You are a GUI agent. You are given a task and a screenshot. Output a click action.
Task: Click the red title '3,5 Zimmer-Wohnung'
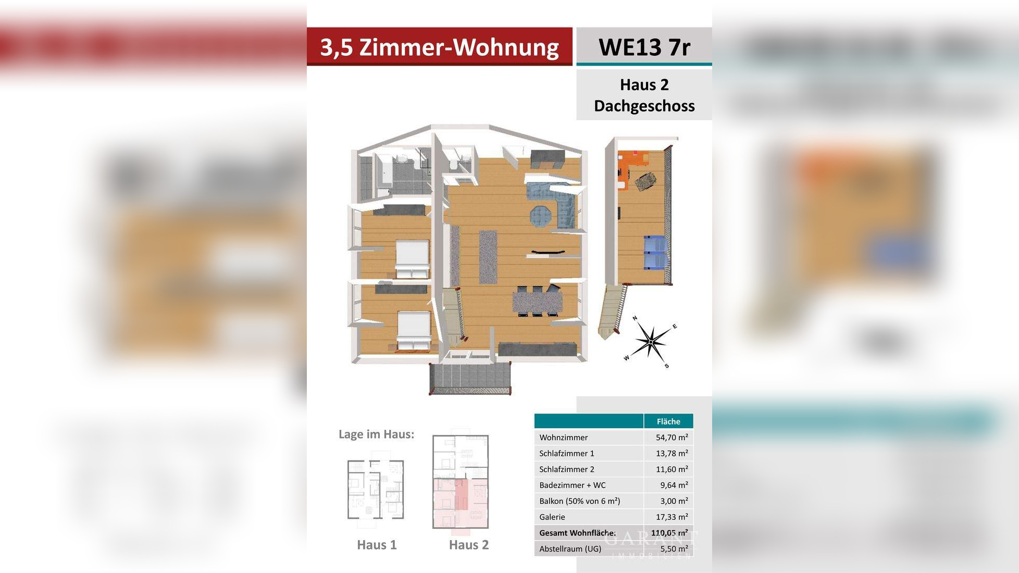point(439,47)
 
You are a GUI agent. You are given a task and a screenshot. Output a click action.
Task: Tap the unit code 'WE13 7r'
point(644,47)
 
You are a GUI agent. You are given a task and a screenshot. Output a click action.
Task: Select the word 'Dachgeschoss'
point(644,106)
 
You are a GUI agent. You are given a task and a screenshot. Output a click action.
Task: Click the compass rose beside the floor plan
point(651,341)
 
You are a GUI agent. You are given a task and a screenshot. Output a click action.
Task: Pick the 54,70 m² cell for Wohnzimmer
point(672,438)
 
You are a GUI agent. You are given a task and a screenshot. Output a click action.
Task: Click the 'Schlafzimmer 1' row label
point(566,453)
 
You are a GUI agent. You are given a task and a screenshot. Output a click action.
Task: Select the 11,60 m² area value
point(672,469)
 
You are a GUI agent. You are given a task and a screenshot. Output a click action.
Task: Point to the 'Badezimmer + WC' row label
point(572,485)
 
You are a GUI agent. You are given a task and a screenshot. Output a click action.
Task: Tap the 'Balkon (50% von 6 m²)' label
point(579,501)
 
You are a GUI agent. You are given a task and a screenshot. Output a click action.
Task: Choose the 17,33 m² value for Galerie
point(672,517)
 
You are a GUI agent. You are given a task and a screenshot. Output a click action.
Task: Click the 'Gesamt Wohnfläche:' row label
point(577,533)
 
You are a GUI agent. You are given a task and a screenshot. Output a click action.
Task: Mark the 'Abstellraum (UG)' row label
point(570,549)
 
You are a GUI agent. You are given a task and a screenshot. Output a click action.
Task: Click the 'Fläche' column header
point(668,421)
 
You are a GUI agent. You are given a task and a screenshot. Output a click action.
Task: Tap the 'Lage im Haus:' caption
point(376,434)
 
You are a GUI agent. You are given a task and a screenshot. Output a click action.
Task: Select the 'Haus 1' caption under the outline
point(377,545)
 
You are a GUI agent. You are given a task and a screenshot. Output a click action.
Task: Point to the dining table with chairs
point(537,301)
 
